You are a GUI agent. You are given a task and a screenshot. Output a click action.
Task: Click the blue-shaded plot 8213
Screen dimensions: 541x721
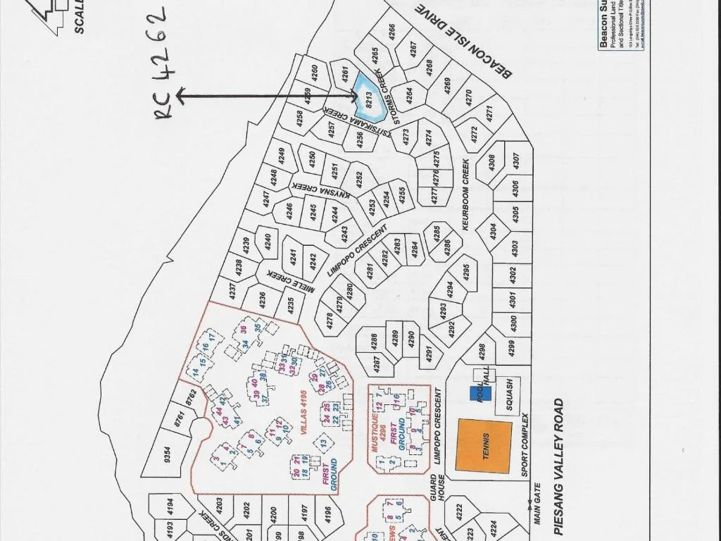click(367, 99)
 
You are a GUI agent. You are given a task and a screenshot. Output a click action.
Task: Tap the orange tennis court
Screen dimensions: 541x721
click(484, 445)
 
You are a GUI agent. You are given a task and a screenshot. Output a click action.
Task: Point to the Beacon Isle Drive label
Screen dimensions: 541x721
click(464, 40)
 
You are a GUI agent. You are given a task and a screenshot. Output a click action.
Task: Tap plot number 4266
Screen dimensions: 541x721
click(391, 32)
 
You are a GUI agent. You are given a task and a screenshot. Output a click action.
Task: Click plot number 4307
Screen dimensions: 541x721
click(515, 161)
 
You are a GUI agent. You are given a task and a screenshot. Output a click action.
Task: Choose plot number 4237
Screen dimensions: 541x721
click(232, 291)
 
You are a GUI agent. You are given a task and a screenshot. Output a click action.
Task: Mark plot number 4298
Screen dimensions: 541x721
click(482, 349)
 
